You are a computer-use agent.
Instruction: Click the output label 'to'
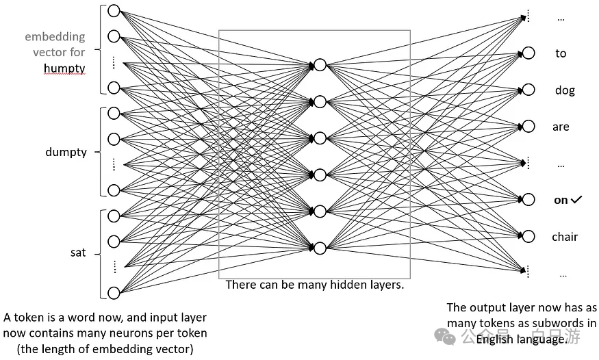pos(561,53)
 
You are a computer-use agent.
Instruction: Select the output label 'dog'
pos(565,90)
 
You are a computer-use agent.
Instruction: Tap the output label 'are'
pos(561,127)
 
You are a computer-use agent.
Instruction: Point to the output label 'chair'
pos(565,237)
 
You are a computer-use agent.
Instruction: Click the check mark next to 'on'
pos(576,200)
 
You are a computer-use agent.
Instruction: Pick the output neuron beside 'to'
pos(528,53)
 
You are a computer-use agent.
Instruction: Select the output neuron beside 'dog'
pos(528,90)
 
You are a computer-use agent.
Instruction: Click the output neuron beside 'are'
pos(528,127)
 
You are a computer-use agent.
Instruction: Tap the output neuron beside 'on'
pos(528,199)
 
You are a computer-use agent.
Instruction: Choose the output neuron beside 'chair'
pos(528,236)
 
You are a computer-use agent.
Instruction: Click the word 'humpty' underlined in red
pos(64,68)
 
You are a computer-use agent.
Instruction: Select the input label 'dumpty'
pos(66,152)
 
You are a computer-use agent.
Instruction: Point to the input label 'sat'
pos(79,253)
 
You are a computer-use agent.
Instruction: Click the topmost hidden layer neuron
pos(320,65)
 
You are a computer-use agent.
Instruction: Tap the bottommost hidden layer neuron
pos(320,248)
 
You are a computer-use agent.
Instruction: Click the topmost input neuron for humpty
pos(114,11)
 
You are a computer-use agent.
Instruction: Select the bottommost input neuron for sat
pos(114,293)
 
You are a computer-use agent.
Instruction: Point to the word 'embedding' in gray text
pos(55,36)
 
